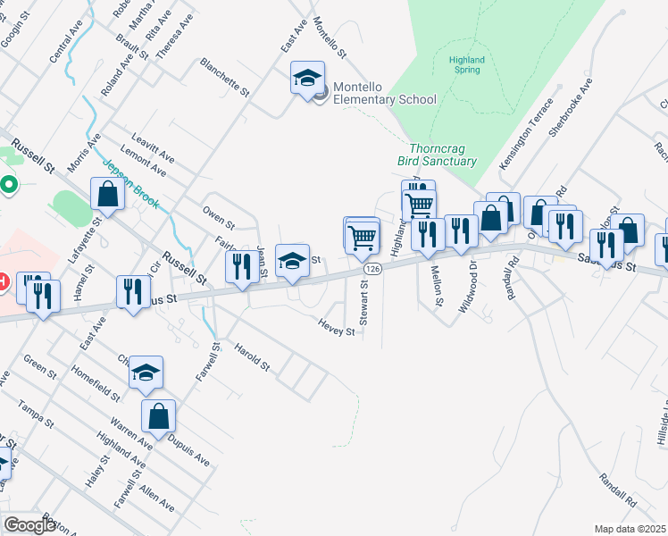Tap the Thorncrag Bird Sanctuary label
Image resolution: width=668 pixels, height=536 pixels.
(437, 155)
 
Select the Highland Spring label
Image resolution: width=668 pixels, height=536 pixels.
(466, 64)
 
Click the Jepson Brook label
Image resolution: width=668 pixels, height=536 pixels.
(130, 184)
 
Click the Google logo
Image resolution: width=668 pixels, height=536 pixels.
(29, 525)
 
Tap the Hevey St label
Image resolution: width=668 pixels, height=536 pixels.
(338, 331)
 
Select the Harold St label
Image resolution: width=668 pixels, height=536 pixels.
(251, 356)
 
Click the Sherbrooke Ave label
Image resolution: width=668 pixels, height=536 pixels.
(571, 106)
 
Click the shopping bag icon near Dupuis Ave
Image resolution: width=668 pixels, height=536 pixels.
(158, 415)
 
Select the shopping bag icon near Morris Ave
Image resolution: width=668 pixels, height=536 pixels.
(107, 194)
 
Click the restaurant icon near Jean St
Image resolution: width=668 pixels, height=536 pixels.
(240, 266)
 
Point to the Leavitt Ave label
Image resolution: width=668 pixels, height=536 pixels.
(153, 147)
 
